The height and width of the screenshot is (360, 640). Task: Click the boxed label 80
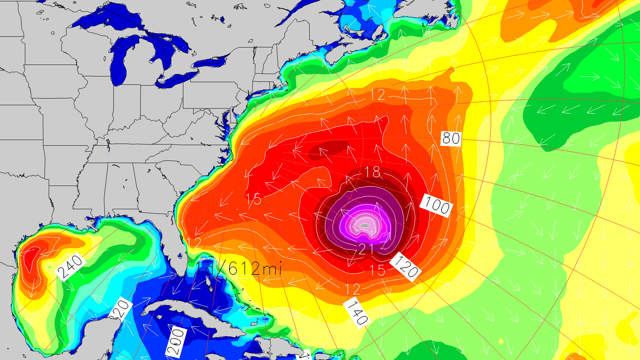point(451,139)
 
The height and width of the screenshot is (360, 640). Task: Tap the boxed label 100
point(436,205)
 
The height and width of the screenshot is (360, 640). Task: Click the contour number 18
point(372,172)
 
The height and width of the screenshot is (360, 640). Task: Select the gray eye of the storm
point(365,226)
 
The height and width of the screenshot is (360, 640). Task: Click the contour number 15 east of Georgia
point(253,199)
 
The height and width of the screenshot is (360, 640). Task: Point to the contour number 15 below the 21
point(377,270)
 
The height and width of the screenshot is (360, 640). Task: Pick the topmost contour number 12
point(378,95)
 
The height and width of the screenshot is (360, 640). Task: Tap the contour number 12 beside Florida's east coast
point(194,244)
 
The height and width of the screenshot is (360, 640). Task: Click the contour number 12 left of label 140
point(353,289)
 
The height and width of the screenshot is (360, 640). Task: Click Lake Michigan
point(120,64)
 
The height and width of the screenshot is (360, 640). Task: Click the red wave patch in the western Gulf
point(30,256)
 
